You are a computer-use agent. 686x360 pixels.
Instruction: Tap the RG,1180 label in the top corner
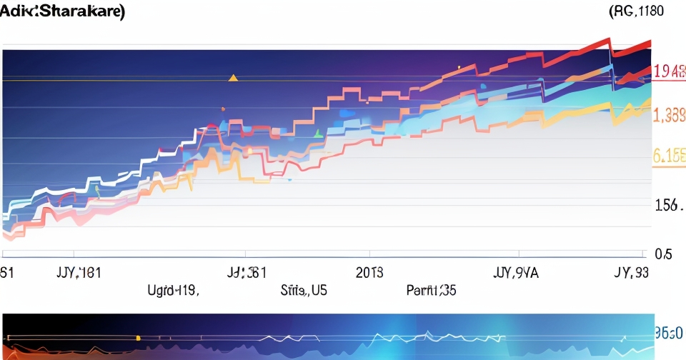pos(636,11)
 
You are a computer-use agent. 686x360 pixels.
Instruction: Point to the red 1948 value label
pos(669,71)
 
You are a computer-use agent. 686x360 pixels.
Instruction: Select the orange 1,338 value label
pos(669,115)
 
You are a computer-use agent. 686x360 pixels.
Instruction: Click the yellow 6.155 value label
pos(669,157)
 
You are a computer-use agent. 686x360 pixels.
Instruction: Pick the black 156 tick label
pos(668,206)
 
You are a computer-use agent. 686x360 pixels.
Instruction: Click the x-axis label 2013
pos(369,272)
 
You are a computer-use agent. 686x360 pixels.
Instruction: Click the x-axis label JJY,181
pos(78,272)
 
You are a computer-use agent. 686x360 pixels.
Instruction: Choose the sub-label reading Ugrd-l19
pos(173,291)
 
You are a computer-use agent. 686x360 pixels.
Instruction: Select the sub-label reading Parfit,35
pos(431,291)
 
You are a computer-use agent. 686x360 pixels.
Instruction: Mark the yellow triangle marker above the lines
pos(232,77)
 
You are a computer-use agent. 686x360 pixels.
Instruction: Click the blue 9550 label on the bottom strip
pos(670,333)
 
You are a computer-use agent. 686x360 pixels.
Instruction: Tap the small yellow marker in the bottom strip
pos(137,336)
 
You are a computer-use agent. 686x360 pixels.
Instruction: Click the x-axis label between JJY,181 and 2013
pos(247,272)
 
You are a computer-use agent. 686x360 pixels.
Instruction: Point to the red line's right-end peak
pos(650,42)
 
